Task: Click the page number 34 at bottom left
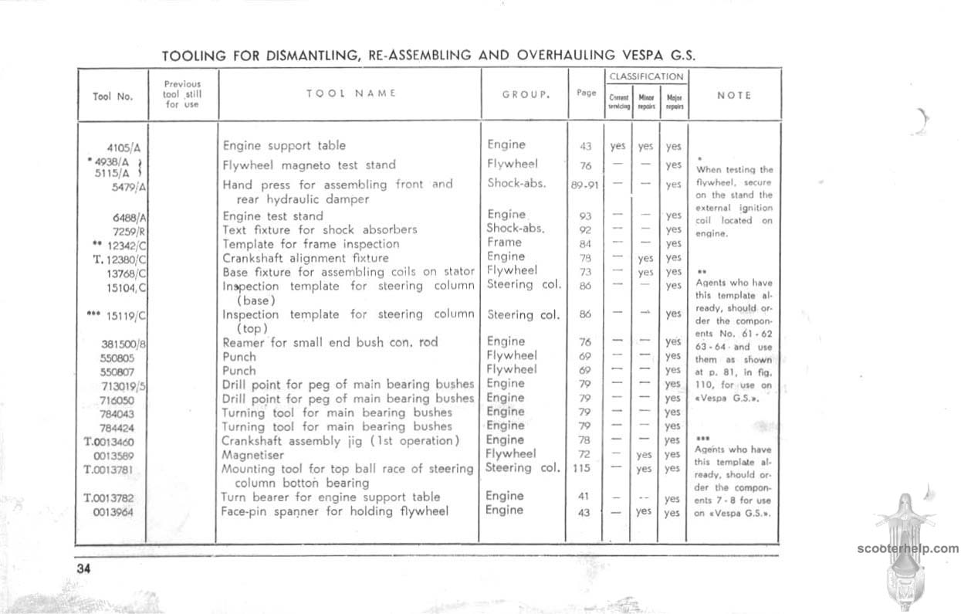(84, 568)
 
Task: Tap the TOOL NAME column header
(350, 93)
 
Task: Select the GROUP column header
(526, 94)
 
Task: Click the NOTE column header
(734, 95)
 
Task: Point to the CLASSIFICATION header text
(646, 76)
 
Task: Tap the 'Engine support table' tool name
(284, 145)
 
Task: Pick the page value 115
(583, 468)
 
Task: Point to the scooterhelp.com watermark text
(908, 549)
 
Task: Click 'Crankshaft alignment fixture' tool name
(306, 258)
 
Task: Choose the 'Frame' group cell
(504, 243)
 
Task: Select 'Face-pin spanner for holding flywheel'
(335, 511)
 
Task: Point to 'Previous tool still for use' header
(182, 93)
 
